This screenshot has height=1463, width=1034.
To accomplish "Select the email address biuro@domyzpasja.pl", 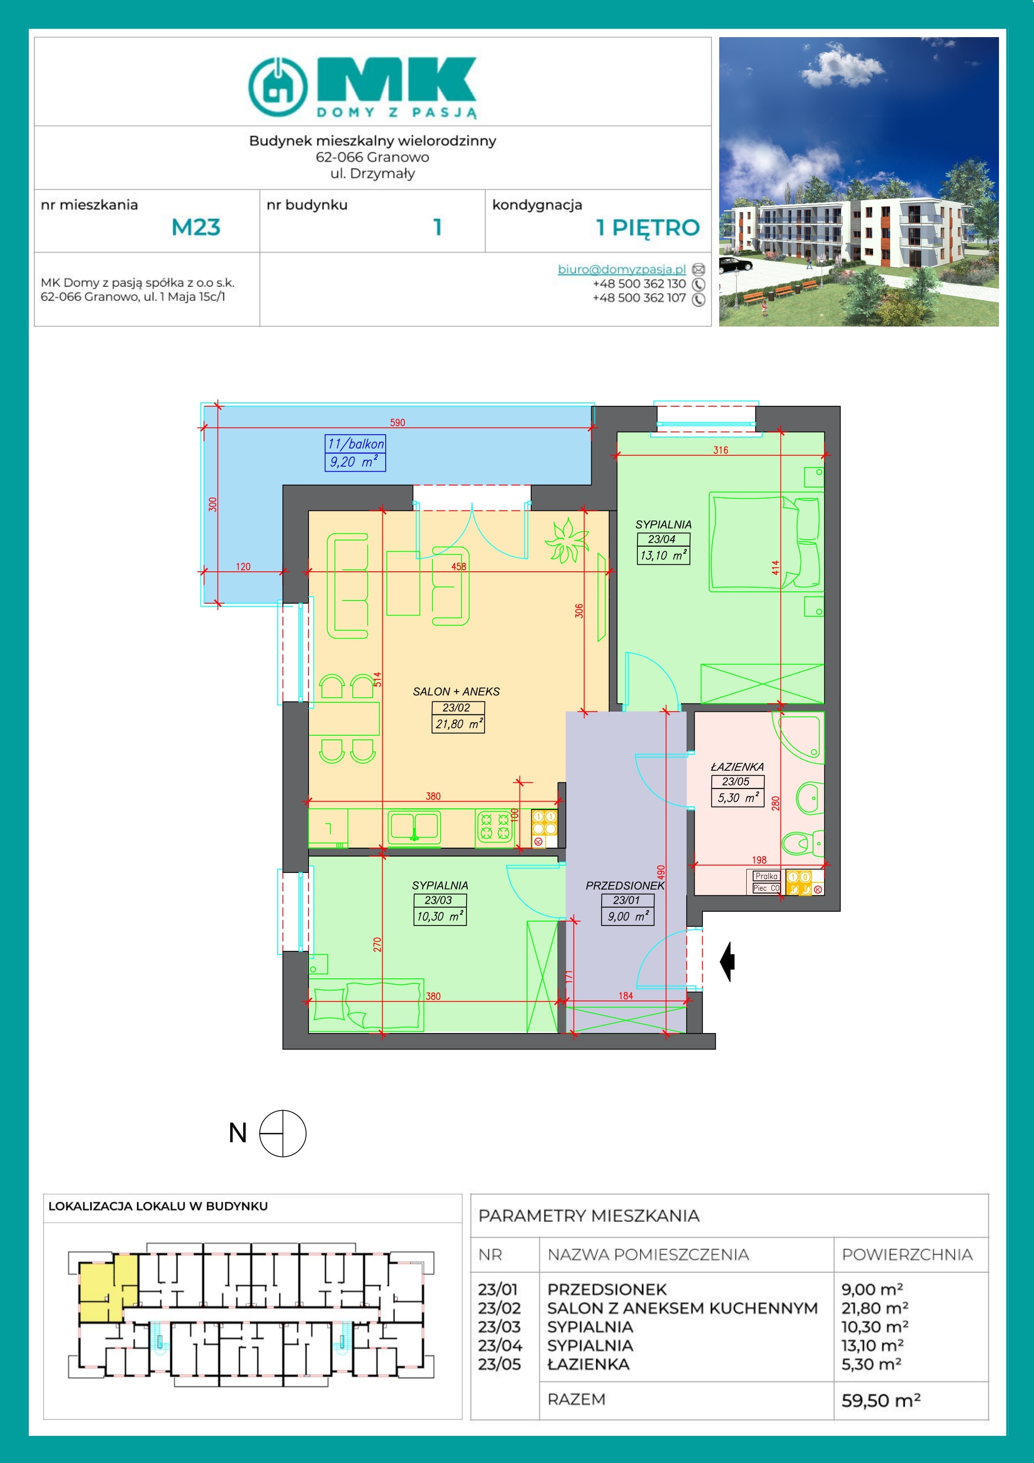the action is click(621, 269).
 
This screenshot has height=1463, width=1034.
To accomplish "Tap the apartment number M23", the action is click(196, 227).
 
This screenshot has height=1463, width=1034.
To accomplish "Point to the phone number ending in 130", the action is click(639, 284).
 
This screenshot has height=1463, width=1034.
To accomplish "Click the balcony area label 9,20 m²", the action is click(354, 462).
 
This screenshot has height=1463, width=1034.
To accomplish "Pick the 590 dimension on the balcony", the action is click(397, 422).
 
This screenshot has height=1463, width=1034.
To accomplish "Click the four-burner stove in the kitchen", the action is click(495, 827).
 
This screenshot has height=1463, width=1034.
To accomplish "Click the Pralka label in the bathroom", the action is click(766, 876).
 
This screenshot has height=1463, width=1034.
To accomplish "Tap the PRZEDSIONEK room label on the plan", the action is click(625, 885).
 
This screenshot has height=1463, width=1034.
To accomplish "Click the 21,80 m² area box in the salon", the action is click(459, 724).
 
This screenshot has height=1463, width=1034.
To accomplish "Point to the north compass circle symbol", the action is click(283, 1133).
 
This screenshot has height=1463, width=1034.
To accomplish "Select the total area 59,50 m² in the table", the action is click(881, 1400).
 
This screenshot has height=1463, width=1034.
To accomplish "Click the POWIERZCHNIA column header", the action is click(907, 1254).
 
